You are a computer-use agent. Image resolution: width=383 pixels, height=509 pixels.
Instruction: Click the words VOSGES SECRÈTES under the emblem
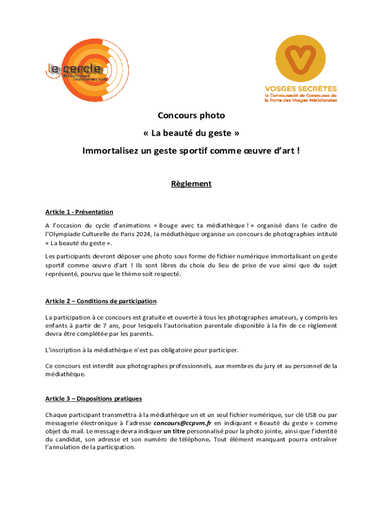300,88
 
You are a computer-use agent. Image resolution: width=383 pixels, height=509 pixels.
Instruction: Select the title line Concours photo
191,116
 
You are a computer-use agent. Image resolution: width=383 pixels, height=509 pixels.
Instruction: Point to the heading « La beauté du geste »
191,134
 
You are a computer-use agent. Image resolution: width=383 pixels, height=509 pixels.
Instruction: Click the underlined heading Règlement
191,184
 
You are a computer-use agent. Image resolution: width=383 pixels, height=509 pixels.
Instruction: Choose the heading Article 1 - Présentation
79,212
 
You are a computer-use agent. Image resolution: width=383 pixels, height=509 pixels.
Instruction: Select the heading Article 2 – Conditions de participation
101,301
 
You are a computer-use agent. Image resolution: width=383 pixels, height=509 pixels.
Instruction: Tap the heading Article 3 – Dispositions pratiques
94,399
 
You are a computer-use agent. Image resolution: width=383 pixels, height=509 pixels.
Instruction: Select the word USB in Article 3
304,415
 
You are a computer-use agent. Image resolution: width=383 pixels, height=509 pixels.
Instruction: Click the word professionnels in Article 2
185,366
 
